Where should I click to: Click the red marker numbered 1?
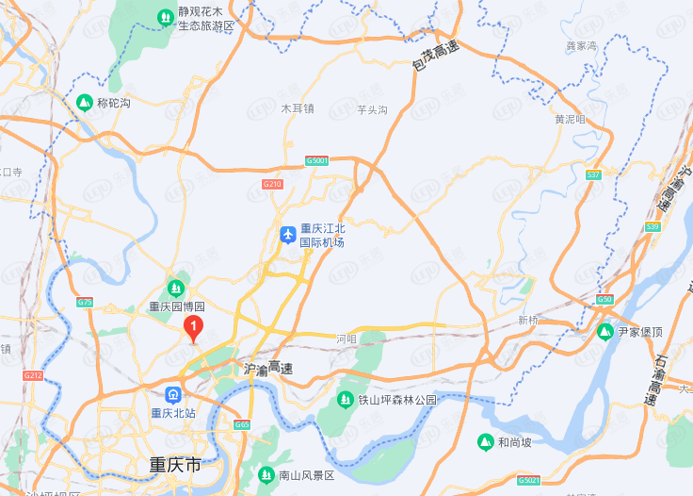(x=194, y=328)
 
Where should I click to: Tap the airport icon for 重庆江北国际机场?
(x=288, y=235)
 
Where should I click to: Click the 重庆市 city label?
(x=176, y=465)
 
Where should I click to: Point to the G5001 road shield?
(x=317, y=161)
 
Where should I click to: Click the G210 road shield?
(x=272, y=183)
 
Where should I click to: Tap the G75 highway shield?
(x=85, y=302)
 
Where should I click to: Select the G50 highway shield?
(x=604, y=299)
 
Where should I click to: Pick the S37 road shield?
(x=593, y=175)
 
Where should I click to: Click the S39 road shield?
(x=653, y=226)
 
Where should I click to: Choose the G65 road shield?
(x=242, y=425)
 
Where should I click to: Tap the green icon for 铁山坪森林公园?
(x=346, y=400)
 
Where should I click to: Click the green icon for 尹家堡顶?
(x=605, y=332)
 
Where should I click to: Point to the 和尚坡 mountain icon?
(x=486, y=441)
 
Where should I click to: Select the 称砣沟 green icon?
(x=85, y=102)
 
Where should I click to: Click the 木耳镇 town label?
(x=298, y=108)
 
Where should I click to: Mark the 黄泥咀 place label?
(x=570, y=120)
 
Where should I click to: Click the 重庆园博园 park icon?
(x=175, y=288)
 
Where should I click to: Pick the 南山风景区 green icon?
(x=266, y=474)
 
